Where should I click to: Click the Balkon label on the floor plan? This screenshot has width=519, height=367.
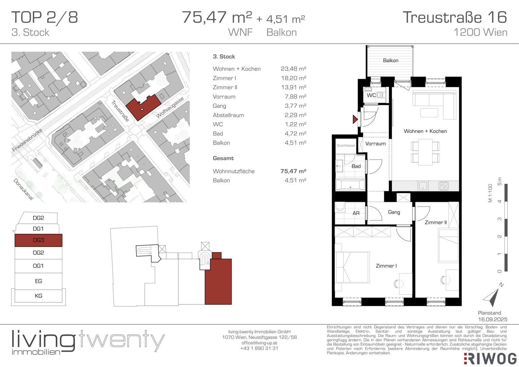[x=391, y=60]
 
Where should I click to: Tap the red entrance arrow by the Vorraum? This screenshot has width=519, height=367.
[x=355, y=119]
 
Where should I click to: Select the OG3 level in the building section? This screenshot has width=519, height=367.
[x=38, y=240]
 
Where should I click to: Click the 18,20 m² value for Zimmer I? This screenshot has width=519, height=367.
[x=293, y=78]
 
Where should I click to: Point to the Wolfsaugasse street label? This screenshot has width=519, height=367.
[x=170, y=107]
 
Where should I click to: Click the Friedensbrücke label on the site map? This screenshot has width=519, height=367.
[x=27, y=140]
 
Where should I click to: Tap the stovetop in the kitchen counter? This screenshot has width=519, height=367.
[x=444, y=186]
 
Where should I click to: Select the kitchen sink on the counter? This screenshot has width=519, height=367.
[x=423, y=186]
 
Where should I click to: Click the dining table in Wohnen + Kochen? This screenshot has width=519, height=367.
[x=425, y=152]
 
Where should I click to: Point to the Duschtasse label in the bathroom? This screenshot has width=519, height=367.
[x=346, y=145]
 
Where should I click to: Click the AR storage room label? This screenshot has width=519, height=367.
[x=356, y=213]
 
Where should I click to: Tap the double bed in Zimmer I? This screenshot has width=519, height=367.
[x=352, y=267]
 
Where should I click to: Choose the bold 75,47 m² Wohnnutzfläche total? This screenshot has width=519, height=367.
[x=293, y=171]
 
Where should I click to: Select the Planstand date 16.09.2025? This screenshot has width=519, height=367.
[x=493, y=319]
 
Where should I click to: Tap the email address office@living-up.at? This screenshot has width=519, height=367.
[x=259, y=343]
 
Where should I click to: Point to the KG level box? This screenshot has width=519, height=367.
[x=38, y=296]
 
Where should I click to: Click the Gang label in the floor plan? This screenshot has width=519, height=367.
[x=394, y=212]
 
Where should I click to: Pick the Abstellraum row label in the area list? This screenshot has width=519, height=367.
[x=229, y=115]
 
